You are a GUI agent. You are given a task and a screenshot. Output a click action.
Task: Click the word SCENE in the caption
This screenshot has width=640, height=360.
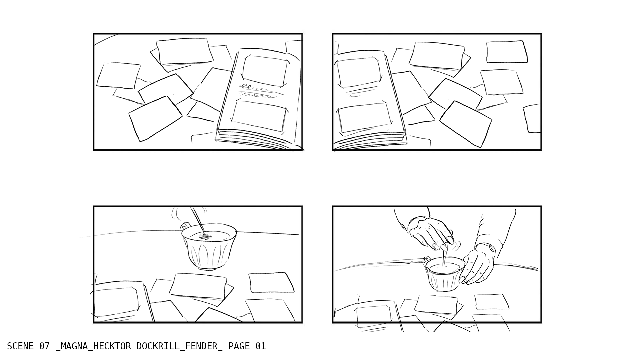20,346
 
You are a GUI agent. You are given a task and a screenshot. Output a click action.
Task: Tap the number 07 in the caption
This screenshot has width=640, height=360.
44,346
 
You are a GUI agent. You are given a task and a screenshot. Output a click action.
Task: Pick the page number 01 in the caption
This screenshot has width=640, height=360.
261,346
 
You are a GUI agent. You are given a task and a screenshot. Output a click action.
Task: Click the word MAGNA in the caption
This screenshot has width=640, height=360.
74,346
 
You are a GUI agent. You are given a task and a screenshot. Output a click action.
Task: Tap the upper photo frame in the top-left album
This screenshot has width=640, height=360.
264,70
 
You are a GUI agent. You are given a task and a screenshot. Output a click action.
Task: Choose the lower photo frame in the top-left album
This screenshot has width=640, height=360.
259,115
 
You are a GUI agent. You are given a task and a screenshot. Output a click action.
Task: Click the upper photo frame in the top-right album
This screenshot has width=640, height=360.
359,71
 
